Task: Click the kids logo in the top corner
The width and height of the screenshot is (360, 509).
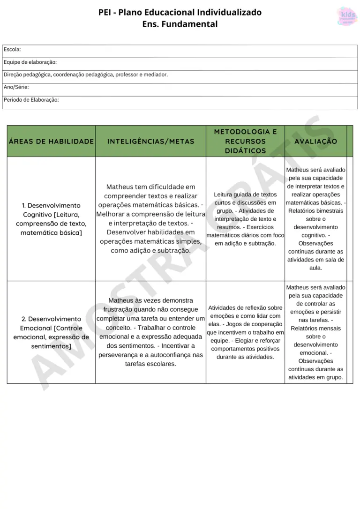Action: point(347,16)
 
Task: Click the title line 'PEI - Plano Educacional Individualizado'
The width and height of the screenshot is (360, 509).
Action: point(180,12)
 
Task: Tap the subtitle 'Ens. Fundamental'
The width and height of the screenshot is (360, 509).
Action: point(180,24)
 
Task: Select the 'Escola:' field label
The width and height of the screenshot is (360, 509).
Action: point(12,49)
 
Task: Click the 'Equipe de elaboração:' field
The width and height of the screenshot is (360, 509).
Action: point(30,62)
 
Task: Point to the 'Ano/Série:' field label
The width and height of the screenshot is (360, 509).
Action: point(16,87)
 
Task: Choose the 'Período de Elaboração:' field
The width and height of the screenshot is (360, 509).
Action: point(31,100)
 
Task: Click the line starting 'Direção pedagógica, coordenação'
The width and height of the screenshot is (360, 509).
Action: point(86,75)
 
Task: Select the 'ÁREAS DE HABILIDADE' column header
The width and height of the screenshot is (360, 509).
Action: point(51,141)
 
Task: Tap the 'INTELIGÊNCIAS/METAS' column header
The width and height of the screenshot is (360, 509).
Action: point(150,141)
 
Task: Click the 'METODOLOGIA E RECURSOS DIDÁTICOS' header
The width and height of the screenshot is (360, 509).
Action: point(245,141)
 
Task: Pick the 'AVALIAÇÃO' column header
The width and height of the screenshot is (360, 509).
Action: point(315,141)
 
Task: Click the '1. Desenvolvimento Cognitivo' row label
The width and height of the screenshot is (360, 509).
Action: point(51,219)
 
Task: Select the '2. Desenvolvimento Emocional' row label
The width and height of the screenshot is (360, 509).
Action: point(51,332)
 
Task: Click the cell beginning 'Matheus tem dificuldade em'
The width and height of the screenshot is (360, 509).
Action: point(150,219)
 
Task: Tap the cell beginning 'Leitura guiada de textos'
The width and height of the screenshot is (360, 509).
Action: point(245,219)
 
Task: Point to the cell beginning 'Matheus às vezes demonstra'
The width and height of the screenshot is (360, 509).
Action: point(150,332)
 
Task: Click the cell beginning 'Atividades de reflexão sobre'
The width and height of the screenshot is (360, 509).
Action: point(245,332)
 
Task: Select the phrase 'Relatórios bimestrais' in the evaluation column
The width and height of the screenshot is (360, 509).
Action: point(315,211)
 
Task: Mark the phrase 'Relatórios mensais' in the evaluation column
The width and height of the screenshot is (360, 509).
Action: point(315,328)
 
